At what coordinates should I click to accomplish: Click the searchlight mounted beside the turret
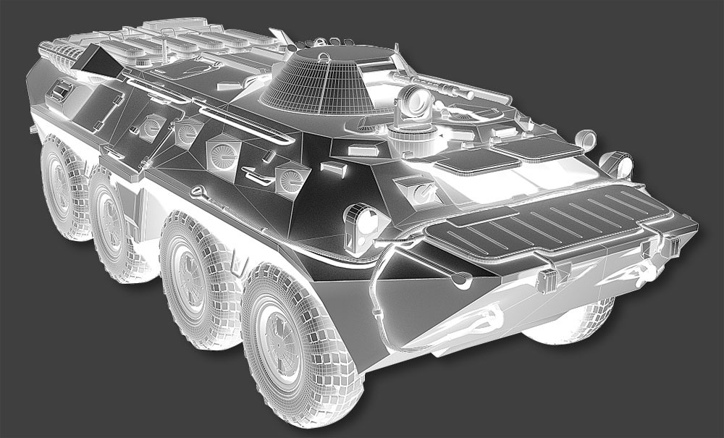tap(413, 102)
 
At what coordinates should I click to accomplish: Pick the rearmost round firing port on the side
tap(151, 127)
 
